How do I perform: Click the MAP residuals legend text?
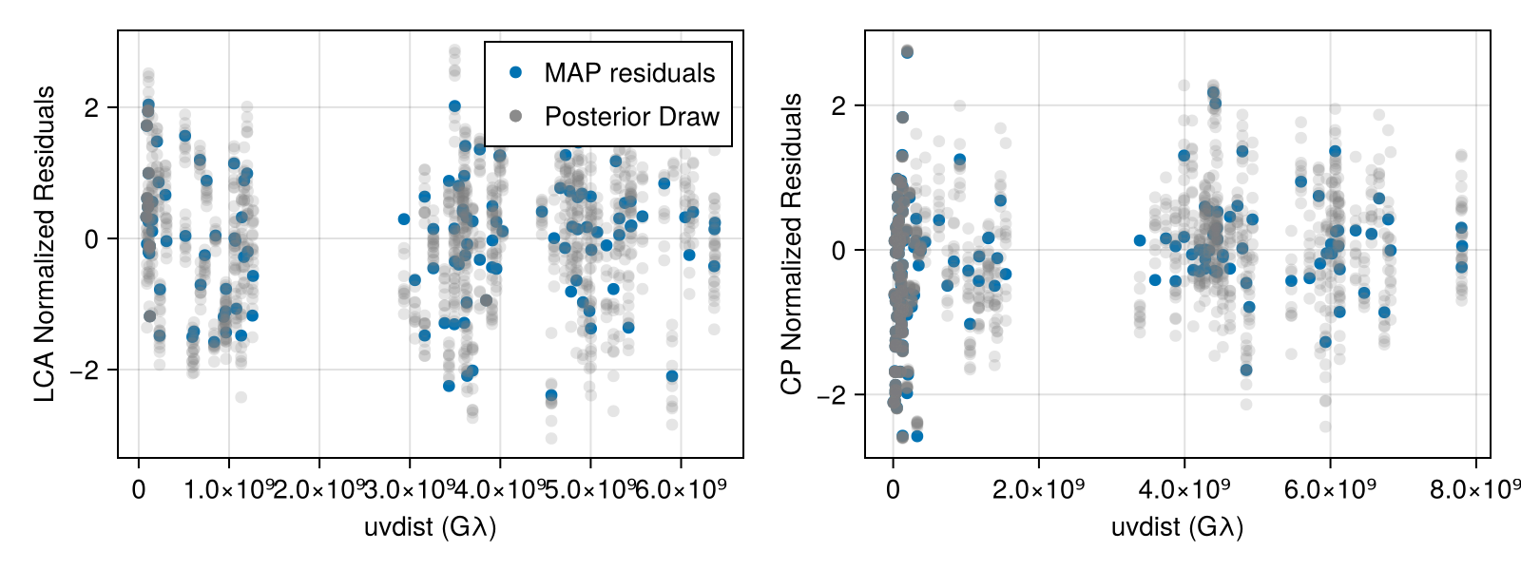pyautogui.click(x=629, y=73)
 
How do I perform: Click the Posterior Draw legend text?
pyautogui.click(x=631, y=117)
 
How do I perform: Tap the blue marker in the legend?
pyautogui.click(x=516, y=72)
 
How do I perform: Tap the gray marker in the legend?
pyautogui.click(x=516, y=116)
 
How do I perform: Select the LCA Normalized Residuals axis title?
pyautogui.click(x=45, y=244)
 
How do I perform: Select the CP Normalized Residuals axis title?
pyautogui.click(x=792, y=244)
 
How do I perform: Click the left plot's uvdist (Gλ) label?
pyautogui.click(x=430, y=526)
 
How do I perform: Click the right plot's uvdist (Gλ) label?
pyautogui.click(x=1177, y=526)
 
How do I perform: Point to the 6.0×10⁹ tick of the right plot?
pyautogui.click(x=1330, y=489)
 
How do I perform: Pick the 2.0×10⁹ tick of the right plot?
pyautogui.click(x=1038, y=489)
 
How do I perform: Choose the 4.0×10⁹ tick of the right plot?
pyautogui.click(x=1184, y=489)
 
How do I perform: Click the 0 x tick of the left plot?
pyautogui.click(x=139, y=489)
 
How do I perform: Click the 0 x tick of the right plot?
pyautogui.click(x=893, y=489)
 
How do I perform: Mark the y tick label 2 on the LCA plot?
pyautogui.click(x=91, y=107)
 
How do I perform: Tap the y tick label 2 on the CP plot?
pyautogui.click(x=838, y=105)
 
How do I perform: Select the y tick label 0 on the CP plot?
pyautogui.click(x=838, y=251)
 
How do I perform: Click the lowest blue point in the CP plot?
pyautogui.click(x=917, y=436)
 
